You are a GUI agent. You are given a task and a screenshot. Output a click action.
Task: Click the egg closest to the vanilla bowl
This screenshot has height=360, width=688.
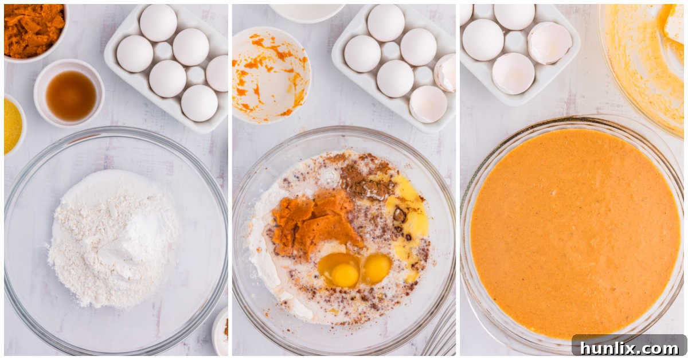coord(134,53)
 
